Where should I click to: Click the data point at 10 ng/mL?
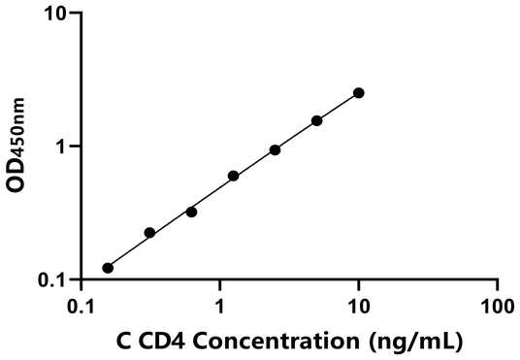tap(359, 92)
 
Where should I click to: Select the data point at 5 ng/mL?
tap(316, 120)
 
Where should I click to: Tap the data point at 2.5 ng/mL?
tap(275, 149)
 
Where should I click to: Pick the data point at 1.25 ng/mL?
tap(233, 176)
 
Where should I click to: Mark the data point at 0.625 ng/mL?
tap(191, 212)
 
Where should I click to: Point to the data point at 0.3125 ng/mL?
tap(149, 233)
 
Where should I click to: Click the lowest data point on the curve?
tap(108, 268)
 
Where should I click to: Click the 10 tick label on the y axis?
tap(56, 15)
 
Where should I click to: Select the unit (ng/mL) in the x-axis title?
tap(411, 342)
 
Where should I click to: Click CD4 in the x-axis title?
tap(169, 341)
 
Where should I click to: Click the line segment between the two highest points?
tap(338, 107)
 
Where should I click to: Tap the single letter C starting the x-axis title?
tap(123, 341)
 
